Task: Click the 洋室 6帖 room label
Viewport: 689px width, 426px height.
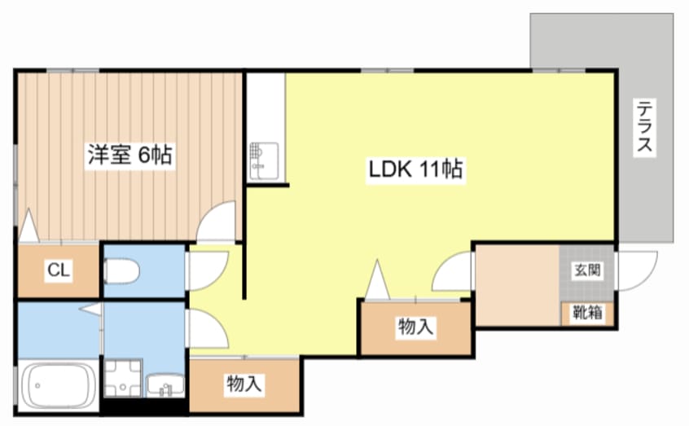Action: (x=129, y=154)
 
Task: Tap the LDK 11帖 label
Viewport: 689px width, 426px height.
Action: (x=415, y=169)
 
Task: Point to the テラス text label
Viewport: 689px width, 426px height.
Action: (x=645, y=126)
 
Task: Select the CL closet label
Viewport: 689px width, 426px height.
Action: (x=59, y=270)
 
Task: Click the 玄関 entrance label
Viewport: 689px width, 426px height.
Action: (x=587, y=270)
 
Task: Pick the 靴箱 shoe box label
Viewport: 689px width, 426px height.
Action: (x=587, y=313)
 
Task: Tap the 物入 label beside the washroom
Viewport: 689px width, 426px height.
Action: (x=244, y=384)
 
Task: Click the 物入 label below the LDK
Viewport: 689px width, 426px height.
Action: (x=415, y=327)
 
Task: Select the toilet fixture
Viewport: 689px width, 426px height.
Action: (x=121, y=271)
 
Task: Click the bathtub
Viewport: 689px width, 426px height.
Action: (x=59, y=386)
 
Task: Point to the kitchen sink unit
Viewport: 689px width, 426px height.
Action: (x=264, y=161)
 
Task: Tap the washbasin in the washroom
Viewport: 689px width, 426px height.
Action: (x=165, y=385)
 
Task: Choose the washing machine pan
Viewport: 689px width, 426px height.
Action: (x=123, y=379)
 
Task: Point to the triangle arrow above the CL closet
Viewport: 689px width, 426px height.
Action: (x=29, y=225)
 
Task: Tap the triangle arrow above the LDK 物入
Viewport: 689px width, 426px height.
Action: (x=377, y=279)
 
